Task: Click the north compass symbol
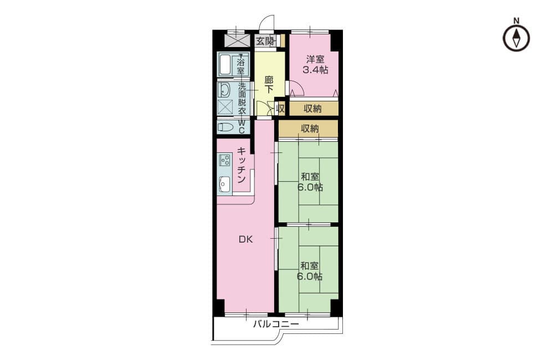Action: [x=516, y=38]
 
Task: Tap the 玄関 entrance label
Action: [x=264, y=42]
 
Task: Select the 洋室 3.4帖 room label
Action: [x=315, y=64]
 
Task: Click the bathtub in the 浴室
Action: [x=226, y=65]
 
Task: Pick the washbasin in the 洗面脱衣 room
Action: [x=224, y=90]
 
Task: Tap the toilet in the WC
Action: [x=226, y=127]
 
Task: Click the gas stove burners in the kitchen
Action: [x=225, y=160]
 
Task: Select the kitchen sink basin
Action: [x=225, y=184]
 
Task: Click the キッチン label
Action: [x=242, y=165]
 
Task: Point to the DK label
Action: [x=245, y=239]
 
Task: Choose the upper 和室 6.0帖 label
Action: [x=310, y=182]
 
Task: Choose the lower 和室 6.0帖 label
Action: [x=310, y=271]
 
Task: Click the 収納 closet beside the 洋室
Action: [x=312, y=109]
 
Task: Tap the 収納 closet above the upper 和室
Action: [x=310, y=128]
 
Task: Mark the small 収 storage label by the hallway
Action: [x=280, y=109]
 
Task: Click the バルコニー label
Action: [x=276, y=324]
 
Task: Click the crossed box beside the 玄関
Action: [x=238, y=40]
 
